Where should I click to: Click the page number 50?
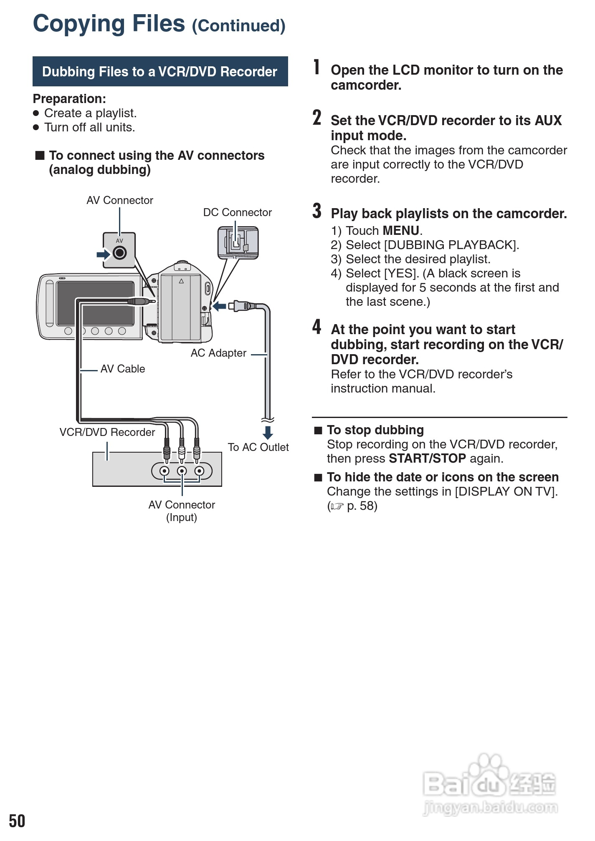click(17, 821)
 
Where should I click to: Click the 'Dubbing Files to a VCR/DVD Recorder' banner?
click(160, 71)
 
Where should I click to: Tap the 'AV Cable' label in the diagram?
click(122, 369)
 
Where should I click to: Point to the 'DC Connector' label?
click(237, 212)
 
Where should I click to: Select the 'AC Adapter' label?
click(218, 353)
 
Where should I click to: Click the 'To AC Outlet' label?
click(258, 447)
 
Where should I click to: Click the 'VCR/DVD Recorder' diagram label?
click(107, 432)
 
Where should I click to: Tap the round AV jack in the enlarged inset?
click(119, 253)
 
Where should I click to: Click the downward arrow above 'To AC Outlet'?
click(268, 432)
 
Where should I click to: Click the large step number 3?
click(317, 211)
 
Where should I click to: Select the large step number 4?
click(317, 327)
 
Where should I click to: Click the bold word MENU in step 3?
click(401, 231)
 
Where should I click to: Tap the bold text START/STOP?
click(427, 458)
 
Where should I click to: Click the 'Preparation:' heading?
click(69, 99)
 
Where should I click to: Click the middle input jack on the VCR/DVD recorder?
click(182, 471)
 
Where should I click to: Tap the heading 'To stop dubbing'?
click(375, 430)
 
